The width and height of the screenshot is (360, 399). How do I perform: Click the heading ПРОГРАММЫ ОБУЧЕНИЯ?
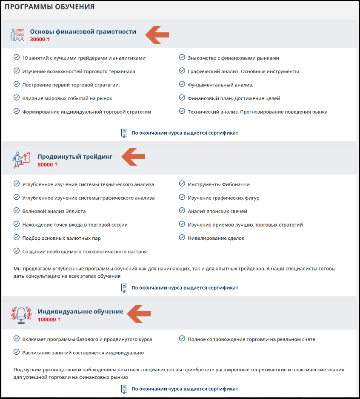[49, 7]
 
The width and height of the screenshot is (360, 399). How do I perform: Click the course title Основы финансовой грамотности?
[83, 32]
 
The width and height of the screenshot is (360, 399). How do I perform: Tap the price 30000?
[38, 40]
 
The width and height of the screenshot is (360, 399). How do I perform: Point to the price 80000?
[46, 165]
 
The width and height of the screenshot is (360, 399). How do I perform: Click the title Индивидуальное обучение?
[80, 312]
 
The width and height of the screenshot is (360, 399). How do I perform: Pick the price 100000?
[47, 320]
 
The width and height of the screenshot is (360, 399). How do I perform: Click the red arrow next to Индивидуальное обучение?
[140, 313]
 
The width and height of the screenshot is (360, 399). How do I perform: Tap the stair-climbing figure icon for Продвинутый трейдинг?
[22, 160]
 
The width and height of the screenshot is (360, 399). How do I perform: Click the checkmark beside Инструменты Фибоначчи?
[182, 184]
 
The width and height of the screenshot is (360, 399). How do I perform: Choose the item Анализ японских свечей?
[217, 211]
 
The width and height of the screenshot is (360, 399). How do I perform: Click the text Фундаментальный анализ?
[220, 85]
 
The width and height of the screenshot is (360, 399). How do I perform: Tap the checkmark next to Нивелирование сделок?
[182, 238]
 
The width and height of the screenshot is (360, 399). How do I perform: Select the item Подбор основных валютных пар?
[61, 238]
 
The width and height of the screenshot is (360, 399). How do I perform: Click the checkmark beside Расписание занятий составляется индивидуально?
[17, 352]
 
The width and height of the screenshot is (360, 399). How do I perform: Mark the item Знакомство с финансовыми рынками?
[233, 58]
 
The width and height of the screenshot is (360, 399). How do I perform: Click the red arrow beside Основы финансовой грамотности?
[157, 34]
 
